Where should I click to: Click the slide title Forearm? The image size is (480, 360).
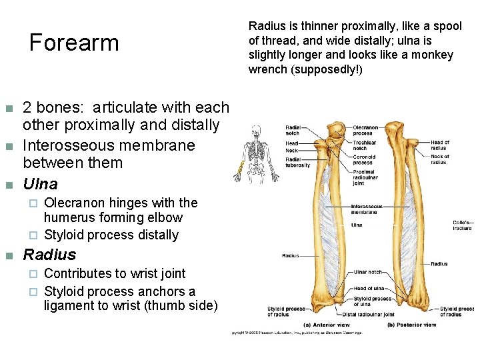(x=74, y=43)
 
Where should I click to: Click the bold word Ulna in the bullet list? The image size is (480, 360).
(x=41, y=183)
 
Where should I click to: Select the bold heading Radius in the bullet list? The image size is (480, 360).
(x=50, y=254)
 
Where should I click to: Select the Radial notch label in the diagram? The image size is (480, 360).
(x=293, y=129)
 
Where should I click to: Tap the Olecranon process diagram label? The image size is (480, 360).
(x=365, y=129)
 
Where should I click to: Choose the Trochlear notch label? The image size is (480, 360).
(x=365, y=145)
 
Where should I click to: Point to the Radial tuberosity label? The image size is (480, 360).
(x=297, y=162)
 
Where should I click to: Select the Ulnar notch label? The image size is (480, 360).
(x=367, y=272)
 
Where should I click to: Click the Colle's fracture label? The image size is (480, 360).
(x=462, y=225)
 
